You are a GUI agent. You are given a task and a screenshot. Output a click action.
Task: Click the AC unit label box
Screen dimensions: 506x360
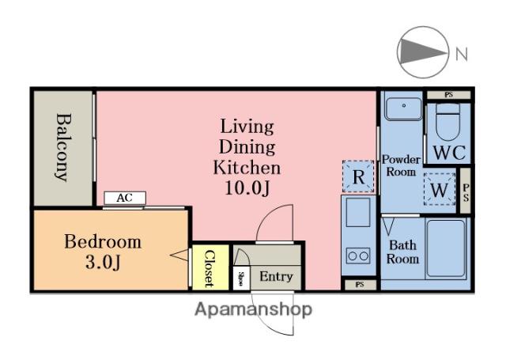point(125,198)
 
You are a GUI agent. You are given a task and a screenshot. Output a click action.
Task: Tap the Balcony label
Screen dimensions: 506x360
point(63,147)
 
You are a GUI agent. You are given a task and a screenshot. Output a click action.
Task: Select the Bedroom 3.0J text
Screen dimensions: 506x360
point(103,252)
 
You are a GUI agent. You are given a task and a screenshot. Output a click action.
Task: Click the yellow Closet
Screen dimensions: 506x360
point(210,267)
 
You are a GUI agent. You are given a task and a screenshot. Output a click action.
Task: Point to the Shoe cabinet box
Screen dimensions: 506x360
point(241,278)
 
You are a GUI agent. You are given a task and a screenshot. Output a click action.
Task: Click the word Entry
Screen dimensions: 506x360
point(276,276)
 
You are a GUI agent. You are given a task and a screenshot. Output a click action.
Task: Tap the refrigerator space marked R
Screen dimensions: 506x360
point(358,176)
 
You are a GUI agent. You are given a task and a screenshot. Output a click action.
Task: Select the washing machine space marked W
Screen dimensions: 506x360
point(440,189)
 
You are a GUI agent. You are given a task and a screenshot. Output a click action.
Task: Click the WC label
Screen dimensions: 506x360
point(449,153)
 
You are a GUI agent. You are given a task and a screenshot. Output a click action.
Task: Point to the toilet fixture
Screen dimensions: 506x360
point(447,122)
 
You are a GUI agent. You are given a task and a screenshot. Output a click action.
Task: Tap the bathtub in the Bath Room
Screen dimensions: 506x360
point(446,248)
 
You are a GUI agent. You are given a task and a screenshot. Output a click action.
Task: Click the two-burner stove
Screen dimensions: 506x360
point(358,256)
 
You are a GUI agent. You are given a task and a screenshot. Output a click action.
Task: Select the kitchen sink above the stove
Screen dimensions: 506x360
point(358,212)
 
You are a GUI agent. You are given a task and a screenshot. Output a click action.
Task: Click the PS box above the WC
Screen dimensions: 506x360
point(449,95)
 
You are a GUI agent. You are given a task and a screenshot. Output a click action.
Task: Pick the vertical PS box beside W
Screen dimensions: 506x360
point(466,191)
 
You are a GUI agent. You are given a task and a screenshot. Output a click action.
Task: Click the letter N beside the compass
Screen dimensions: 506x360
point(462,54)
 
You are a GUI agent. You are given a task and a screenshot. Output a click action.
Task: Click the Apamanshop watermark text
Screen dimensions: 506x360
point(254,309)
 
